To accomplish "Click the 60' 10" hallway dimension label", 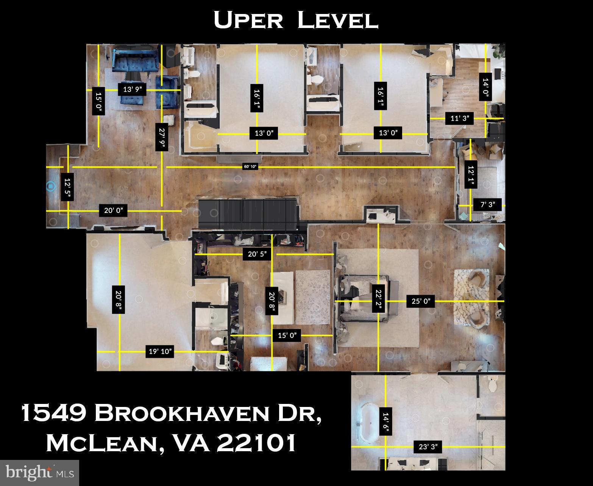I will pyautogui.click(x=250, y=167).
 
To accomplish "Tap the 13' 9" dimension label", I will pyautogui.click(x=132, y=89).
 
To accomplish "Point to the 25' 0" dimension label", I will pyautogui.click(x=421, y=301).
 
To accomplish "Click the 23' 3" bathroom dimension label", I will pyautogui.click(x=428, y=447).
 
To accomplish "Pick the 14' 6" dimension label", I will pyautogui.click(x=385, y=424).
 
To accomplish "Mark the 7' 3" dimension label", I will pyautogui.click(x=488, y=205).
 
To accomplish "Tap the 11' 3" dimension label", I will pyautogui.click(x=460, y=118).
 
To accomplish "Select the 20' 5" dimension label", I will pyautogui.click(x=257, y=254).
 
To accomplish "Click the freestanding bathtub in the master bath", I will pyautogui.click(x=370, y=422).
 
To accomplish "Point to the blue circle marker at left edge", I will pyautogui.click(x=51, y=186).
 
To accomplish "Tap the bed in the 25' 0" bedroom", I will pyautogui.click(x=364, y=299).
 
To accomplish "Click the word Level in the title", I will pyautogui.click(x=338, y=20).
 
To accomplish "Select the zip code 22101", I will pyautogui.click(x=256, y=443).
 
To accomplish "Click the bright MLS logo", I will pyautogui.click(x=39, y=472).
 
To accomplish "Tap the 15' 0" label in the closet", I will pyautogui.click(x=287, y=335).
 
